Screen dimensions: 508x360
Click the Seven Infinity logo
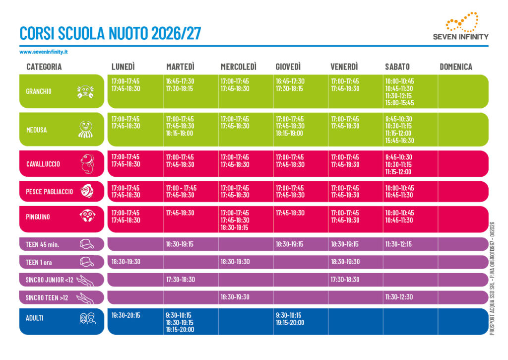pyautogui.click(x=461, y=26)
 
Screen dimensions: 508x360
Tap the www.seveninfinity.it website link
pyautogui.click(x=44, y=52)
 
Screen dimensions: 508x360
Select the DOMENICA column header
pyautogui.click(x=456, y=67)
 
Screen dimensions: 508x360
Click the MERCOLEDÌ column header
pyautogui.click(x=239, y=67)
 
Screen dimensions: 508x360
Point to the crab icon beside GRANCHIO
pyautogui.click(x=85, y=91)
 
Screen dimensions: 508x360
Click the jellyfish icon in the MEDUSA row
pyautogui.click(x=86, y=129)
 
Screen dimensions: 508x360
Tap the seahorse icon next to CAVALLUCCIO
pyautogui.click(x=87, y=164)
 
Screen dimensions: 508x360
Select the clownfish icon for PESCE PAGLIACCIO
pyautogui.click(x=87, y=191)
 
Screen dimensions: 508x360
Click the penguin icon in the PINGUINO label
pyautogui.click(x=87, y=216)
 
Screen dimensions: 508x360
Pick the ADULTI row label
pyautogui.click(x=35, y=318)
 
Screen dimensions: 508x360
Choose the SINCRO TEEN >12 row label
pyautogui.click(x=47, y=298)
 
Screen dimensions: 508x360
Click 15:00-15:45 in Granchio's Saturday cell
pyautogui.click(x=399, y=103)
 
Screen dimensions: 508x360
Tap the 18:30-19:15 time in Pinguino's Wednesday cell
pyautogui.click(x=234, y=227)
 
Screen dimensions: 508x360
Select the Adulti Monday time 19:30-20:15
pyautogui.click(x=126, y=315)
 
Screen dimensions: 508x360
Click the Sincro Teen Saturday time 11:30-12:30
pyautogui.click(x=399, y=297)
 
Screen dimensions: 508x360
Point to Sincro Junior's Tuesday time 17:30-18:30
pyautogui.click(x=181, y=279)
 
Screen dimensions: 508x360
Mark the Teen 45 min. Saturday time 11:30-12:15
pyautogui.click(x=398, y=244)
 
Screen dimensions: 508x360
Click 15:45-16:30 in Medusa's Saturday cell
pyautogui.click(x=399, y=141)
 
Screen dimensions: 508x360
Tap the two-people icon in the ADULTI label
pyautogui.click(x=88, y=318)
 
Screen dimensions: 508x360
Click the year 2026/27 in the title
pyautogui.click(x=176, y=33)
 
